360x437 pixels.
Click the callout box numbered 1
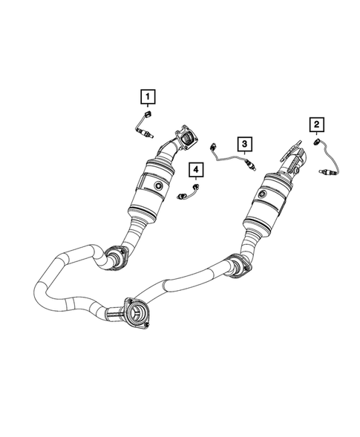[x=149, y=96]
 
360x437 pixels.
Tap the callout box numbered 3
[x=242, y=142]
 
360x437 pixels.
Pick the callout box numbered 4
[x=196, y=171]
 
